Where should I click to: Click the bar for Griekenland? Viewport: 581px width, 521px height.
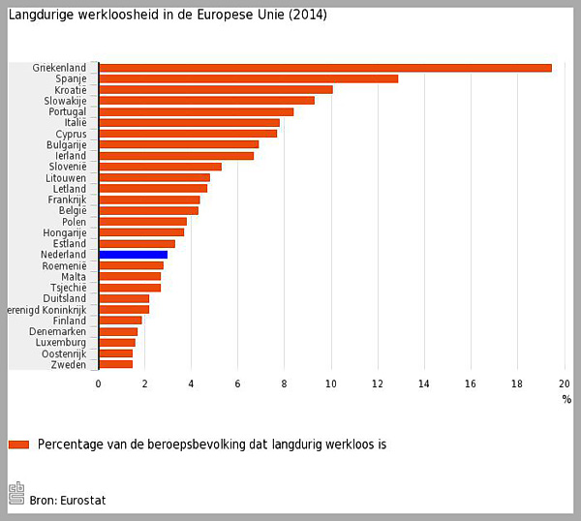(324, 68)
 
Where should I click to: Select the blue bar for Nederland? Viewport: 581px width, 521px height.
(133, 255)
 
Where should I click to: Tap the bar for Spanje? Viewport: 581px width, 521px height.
(248, 78)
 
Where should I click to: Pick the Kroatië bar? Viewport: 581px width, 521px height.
(215, 90)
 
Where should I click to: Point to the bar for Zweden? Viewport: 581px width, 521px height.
(115, 364)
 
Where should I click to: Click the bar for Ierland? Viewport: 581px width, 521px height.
(175, 156)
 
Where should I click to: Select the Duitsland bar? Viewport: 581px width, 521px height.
(124, 298)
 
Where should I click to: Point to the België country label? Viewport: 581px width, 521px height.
(73, 210)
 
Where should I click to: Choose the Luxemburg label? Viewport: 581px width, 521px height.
(61, 343)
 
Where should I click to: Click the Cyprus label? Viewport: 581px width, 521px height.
(71, 134)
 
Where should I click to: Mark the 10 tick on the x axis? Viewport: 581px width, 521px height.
(331, 384)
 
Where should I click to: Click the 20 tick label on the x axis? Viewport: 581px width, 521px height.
(564, 384)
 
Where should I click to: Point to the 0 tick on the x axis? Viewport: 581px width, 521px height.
(98, 384)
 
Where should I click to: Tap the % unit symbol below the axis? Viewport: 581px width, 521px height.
(566, 399)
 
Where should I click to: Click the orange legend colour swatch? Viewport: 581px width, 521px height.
(18, 444)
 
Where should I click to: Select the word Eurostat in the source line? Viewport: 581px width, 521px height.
(82, 500)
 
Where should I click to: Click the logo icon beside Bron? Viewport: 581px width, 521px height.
(15, 493)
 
